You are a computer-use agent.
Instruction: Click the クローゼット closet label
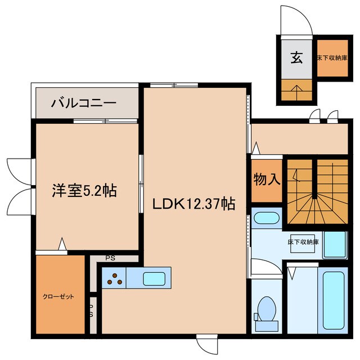tap(58, 296)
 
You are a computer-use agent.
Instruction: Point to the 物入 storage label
tap(267, 180)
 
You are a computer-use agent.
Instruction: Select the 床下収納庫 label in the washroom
tap(304, 242)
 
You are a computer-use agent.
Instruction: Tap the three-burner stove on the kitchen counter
tap(114, 278)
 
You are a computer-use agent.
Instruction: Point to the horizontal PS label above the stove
tap(110, 259)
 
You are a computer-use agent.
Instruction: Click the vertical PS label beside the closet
tap(92, 310)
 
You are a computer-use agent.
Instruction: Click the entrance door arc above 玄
tap(298, 22)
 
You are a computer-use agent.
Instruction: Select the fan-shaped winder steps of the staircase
tap(313, 202)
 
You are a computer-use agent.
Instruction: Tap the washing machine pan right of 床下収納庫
tap(334, 244)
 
